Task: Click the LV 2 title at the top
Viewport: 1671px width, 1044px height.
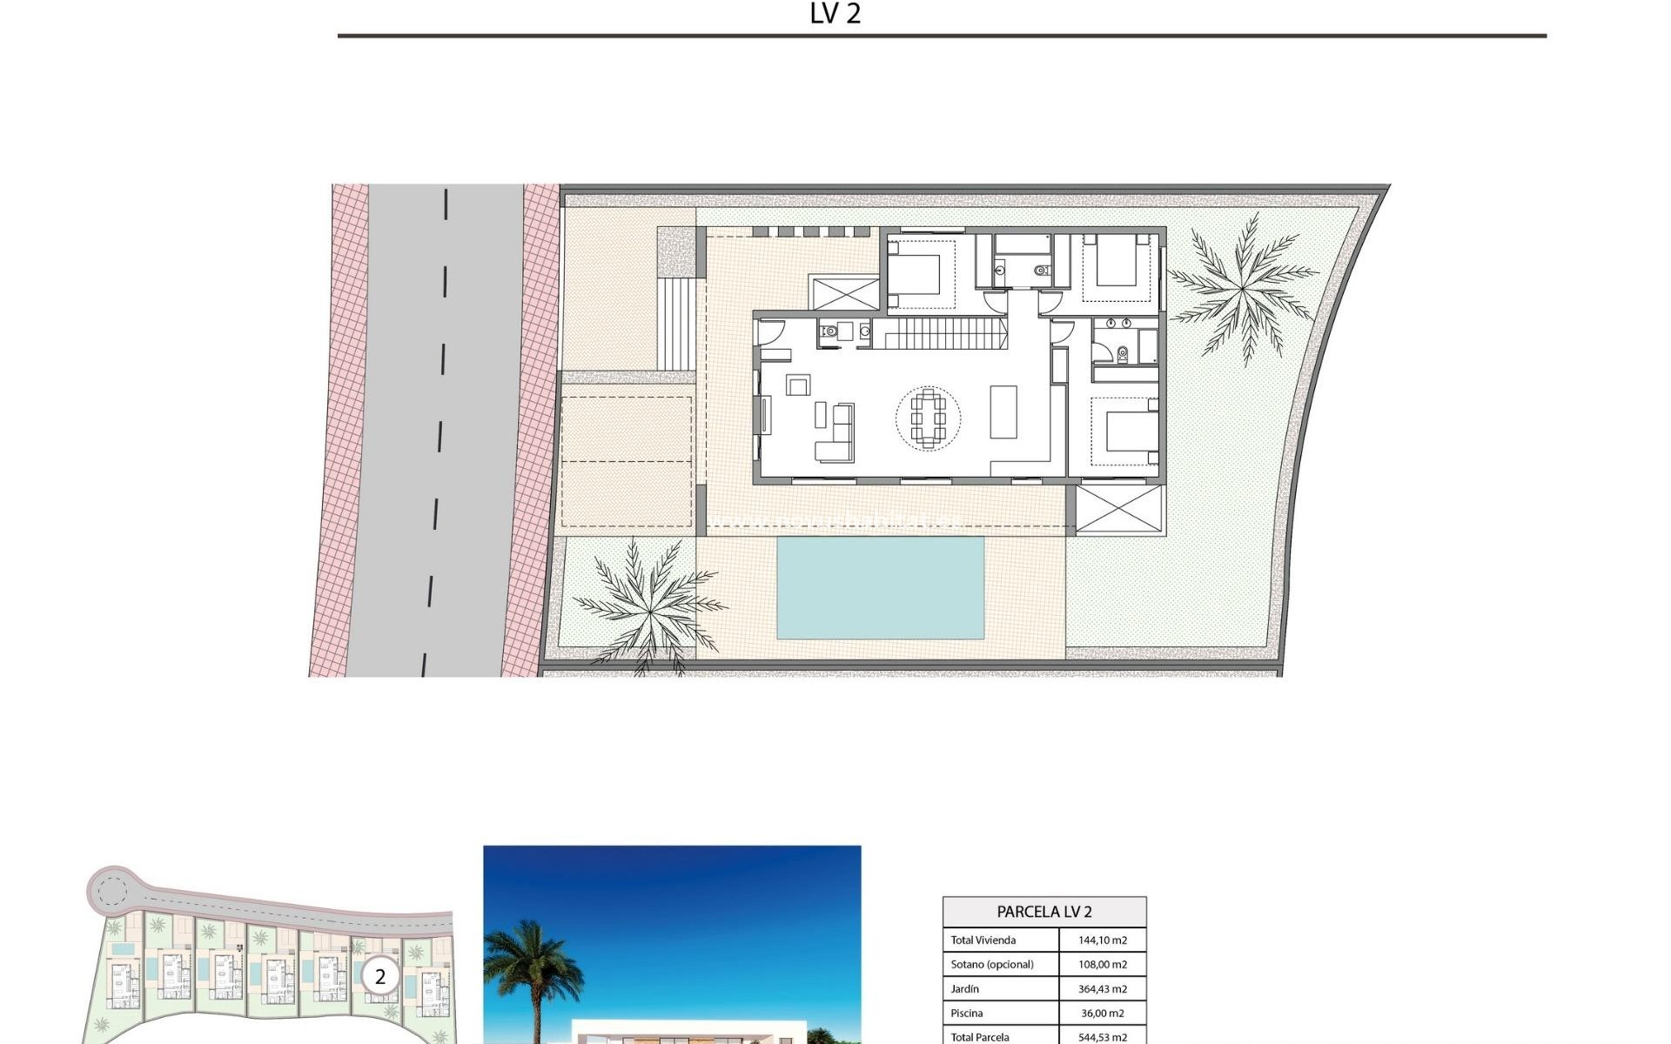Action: pyautogui.click(x=835, y=14)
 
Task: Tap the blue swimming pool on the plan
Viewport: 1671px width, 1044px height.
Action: pyautogui.click(x=880, y=588)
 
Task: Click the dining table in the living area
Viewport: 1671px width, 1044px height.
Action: pyautogui.click(x=928, y=418)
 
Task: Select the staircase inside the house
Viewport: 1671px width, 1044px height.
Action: pyautogui.click(x=939, y=333)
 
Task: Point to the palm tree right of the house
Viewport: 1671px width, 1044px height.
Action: pyautogui.click(x=1242, y=285)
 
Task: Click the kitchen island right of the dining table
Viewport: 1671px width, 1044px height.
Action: pyautogui.click(x=1003, y=412)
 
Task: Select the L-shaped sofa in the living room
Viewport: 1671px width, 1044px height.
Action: pyautogui.click(x=836, y=434)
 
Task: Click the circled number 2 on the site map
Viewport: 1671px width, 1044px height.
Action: pyautogui.click(x=379, y=977)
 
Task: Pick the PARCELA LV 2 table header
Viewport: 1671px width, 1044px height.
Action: pyautogui.click(x=1044, y=912)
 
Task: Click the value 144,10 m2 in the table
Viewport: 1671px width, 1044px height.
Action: pyautogui.click(x=1102, y=940)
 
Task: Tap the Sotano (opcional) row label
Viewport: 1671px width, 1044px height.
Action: pyautogui.click(x=992, y=965)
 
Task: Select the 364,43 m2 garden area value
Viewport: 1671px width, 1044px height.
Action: pyautogui.click(x=1102, y=989)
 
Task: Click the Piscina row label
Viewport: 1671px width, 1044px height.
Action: pyautogui.click(x=967, y=1014)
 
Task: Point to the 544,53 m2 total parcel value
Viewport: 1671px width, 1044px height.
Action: pyautogui.click(x=1102, y=1037)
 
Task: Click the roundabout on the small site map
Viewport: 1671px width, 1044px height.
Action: pyautogui.click(x=111, y=890)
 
